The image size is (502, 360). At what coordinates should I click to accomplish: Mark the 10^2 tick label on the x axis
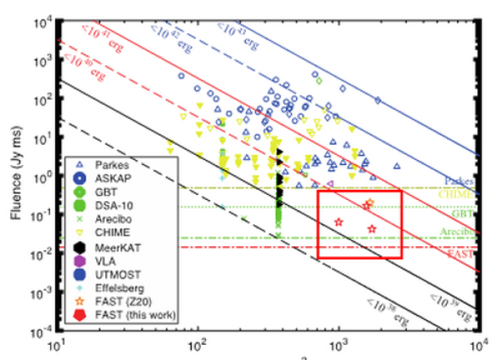pyautogui.click(x=197, y=345)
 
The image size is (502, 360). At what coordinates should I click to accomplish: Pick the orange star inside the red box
pyautogui.click(x=369, y=203)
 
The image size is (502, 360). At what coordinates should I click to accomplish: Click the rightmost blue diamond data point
pyautogui.click(x=377, y=100)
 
